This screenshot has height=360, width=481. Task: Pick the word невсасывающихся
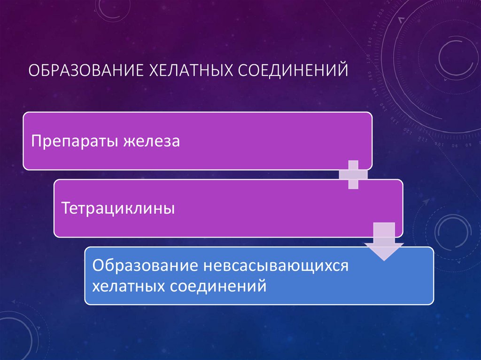(276, 266)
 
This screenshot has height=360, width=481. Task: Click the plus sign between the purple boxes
(353, 175)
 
